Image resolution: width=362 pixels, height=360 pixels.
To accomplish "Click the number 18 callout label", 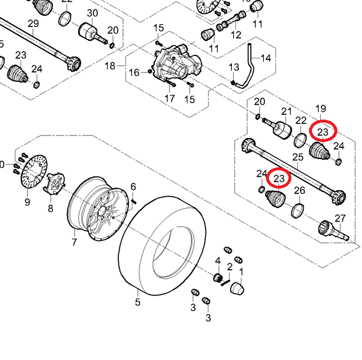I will tap(111, 66).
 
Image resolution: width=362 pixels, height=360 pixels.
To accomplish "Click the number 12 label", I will tap(236, 35).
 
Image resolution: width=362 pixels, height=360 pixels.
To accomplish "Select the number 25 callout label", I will tap(298, 157).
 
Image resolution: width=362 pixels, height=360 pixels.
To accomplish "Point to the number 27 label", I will tap(340, 219).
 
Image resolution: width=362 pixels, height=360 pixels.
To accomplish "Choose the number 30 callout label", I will tap(92, 13).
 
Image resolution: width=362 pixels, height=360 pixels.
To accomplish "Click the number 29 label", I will tap(33, 24).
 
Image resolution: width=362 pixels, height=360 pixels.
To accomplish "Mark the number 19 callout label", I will tap(321, 108).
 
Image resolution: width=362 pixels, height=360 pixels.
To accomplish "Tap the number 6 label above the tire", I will tap(133, 187).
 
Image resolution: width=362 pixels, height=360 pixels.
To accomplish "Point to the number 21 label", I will tap(287, 111).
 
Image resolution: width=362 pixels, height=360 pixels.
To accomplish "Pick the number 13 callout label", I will tap(234, 68).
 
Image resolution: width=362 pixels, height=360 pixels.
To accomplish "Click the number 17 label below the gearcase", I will tap(170, 98).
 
